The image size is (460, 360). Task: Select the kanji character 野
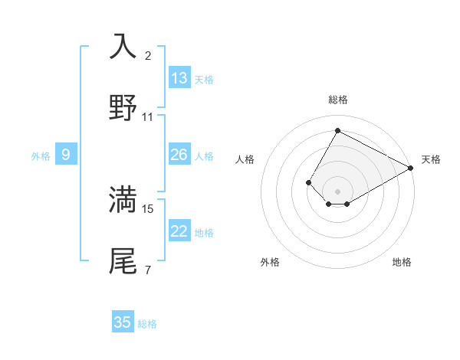coord(123,108)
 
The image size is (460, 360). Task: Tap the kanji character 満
coord(123,199)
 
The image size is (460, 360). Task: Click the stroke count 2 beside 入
coord(148,55)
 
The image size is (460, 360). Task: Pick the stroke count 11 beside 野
coord(148,117)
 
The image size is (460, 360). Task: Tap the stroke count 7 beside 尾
coord(148,270)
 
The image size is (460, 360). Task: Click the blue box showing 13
coord(179,78)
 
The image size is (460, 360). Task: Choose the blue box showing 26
coord(179,155)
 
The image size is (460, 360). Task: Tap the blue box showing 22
coord(179,231)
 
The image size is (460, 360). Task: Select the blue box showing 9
coord(66,155)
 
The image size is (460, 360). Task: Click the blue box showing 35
coord(123,322)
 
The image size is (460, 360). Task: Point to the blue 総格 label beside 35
coord(147,324)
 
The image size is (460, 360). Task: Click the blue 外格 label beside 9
coord(41,156)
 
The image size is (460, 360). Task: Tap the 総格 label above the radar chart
coord(337,100)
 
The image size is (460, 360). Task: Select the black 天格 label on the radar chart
coord(431,159)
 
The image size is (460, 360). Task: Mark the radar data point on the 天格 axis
coord(411,168)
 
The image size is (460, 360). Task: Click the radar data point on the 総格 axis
coord(337,130)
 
